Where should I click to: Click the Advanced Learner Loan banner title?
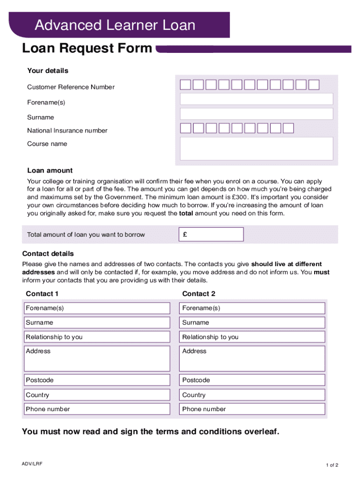[x=115, y=25]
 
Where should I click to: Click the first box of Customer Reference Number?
[x=186, y=85]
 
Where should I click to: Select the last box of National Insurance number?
[x=288, y=128]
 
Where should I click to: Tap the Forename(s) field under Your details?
[x=256, y=99]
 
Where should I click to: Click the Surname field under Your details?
[x=256, y=114]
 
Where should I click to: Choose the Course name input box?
[x=256, y=148]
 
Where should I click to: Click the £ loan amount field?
[x=211, y=234]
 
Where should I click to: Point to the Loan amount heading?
[x=50, y=171]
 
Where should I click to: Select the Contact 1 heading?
[x=42, y=294]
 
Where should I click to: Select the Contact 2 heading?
[x=199, y=294]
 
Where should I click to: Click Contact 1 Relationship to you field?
[x=97, y=337]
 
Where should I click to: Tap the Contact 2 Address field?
[x=252, y=359]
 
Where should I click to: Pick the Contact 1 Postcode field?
[x=97, y=380]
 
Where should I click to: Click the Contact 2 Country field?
[x=252, y=395]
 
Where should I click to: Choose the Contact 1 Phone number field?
[x=97, y=409]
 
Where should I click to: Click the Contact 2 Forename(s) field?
[x=252, y=308]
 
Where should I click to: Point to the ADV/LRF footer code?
[x=32, y=463]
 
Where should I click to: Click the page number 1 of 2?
[x=332, y=465]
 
